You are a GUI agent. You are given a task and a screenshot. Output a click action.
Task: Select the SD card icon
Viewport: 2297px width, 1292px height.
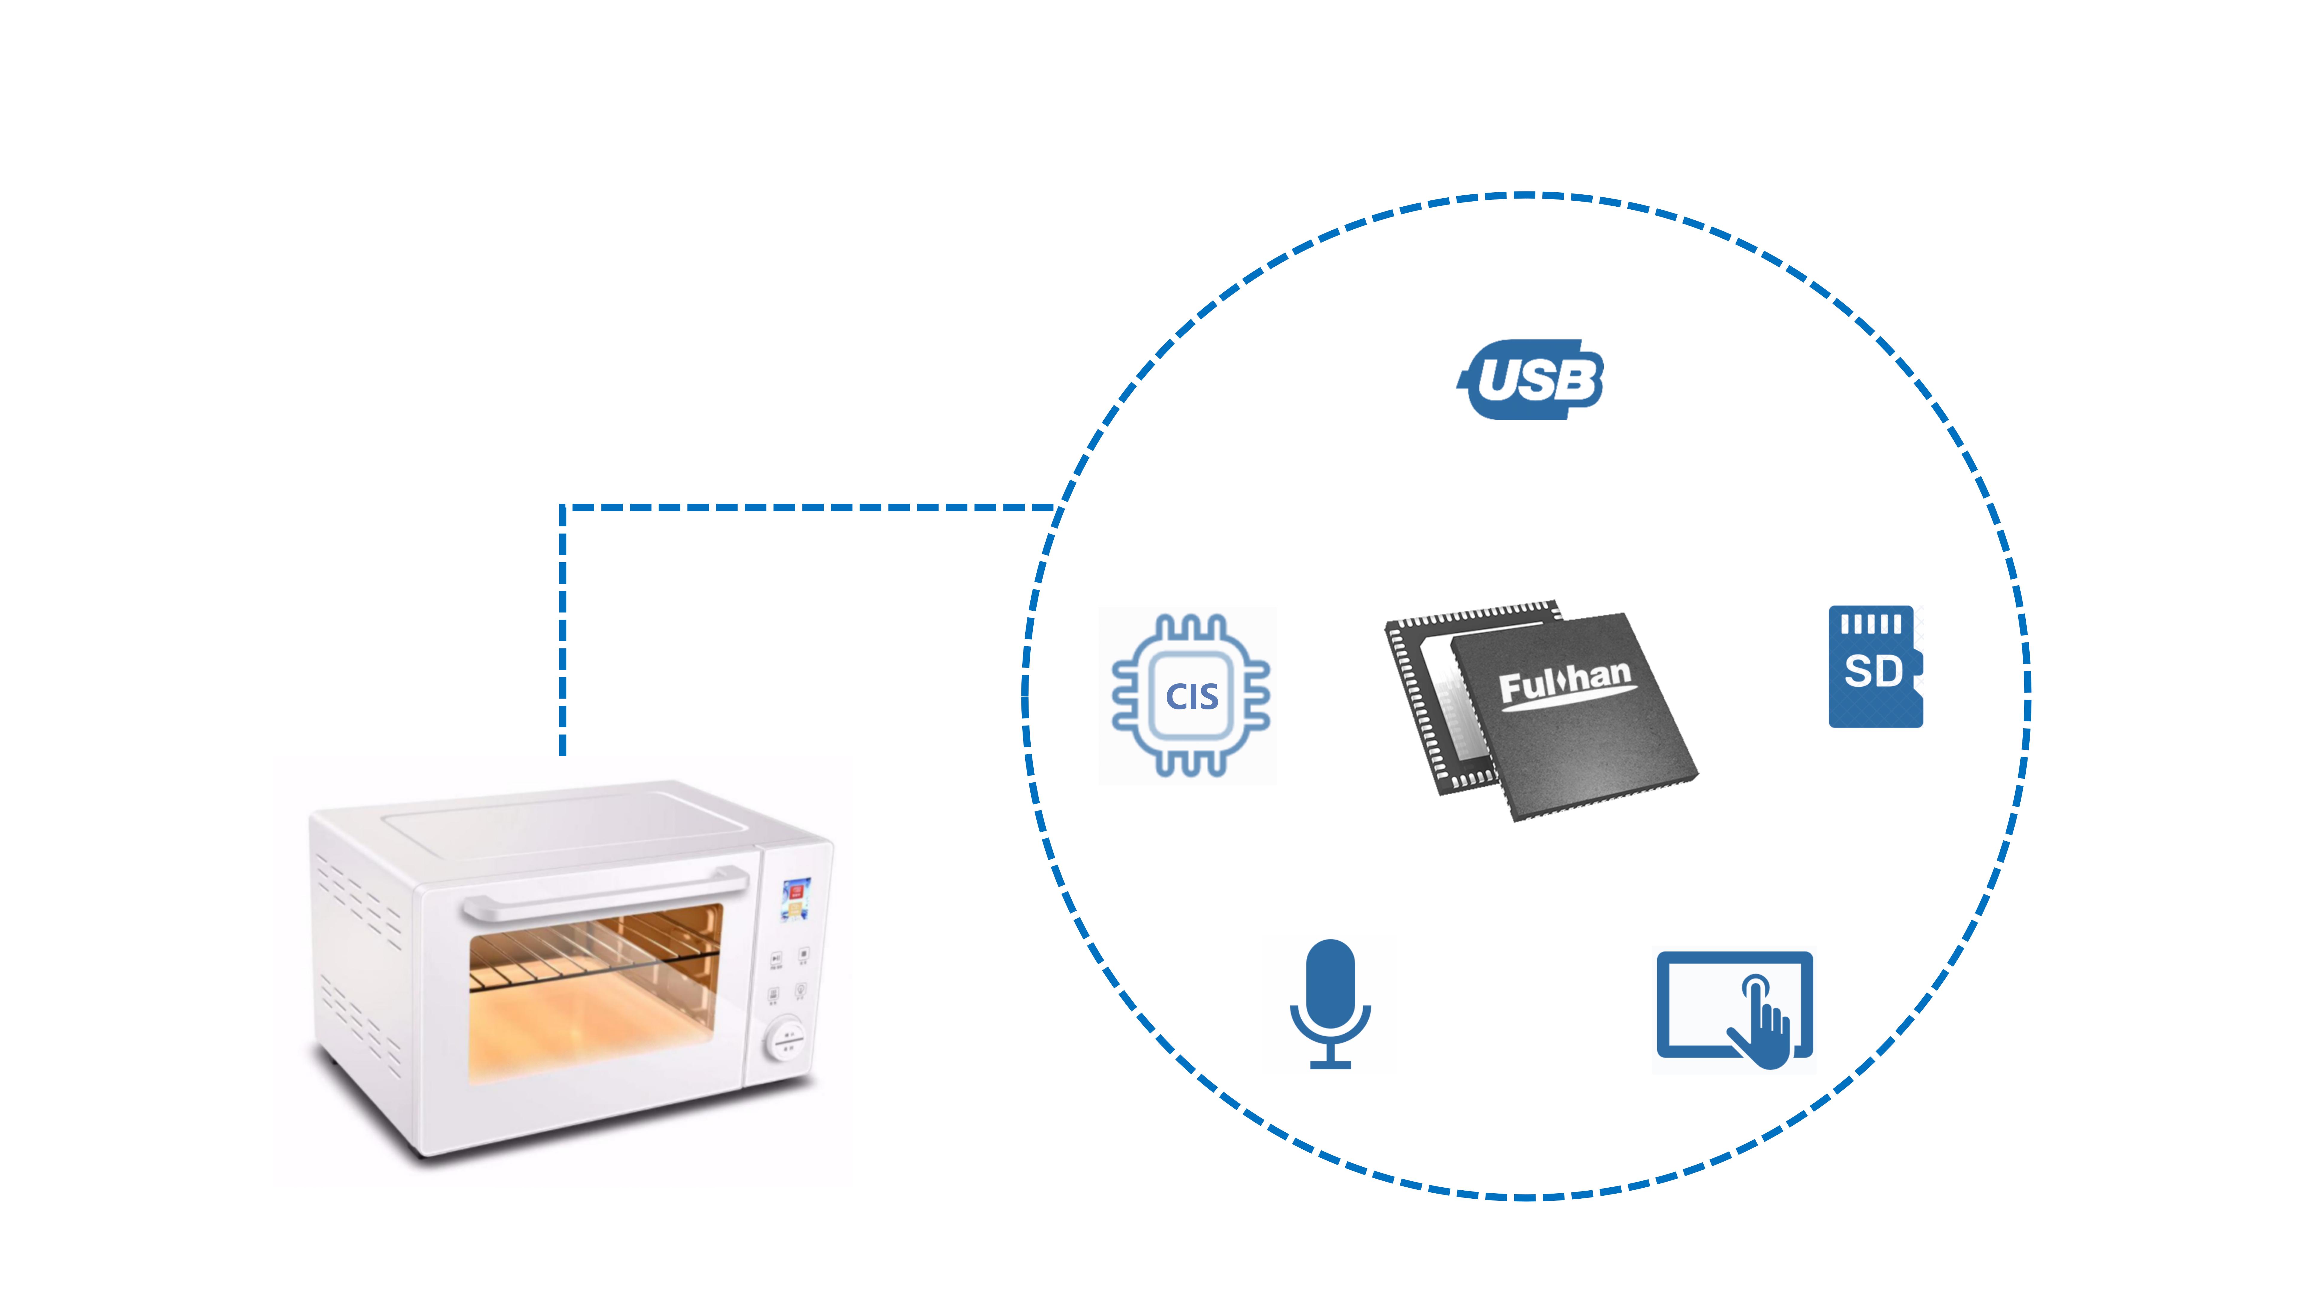(1874, 667)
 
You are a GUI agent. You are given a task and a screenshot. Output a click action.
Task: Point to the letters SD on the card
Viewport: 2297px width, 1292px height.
(1873, 671)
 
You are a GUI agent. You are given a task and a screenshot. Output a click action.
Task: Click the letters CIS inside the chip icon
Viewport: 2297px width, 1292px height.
(1191, 696)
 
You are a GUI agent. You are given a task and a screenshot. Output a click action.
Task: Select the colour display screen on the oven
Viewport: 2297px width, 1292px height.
(795, 899)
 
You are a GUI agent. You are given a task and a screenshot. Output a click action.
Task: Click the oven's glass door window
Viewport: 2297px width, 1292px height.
(596, 994)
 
